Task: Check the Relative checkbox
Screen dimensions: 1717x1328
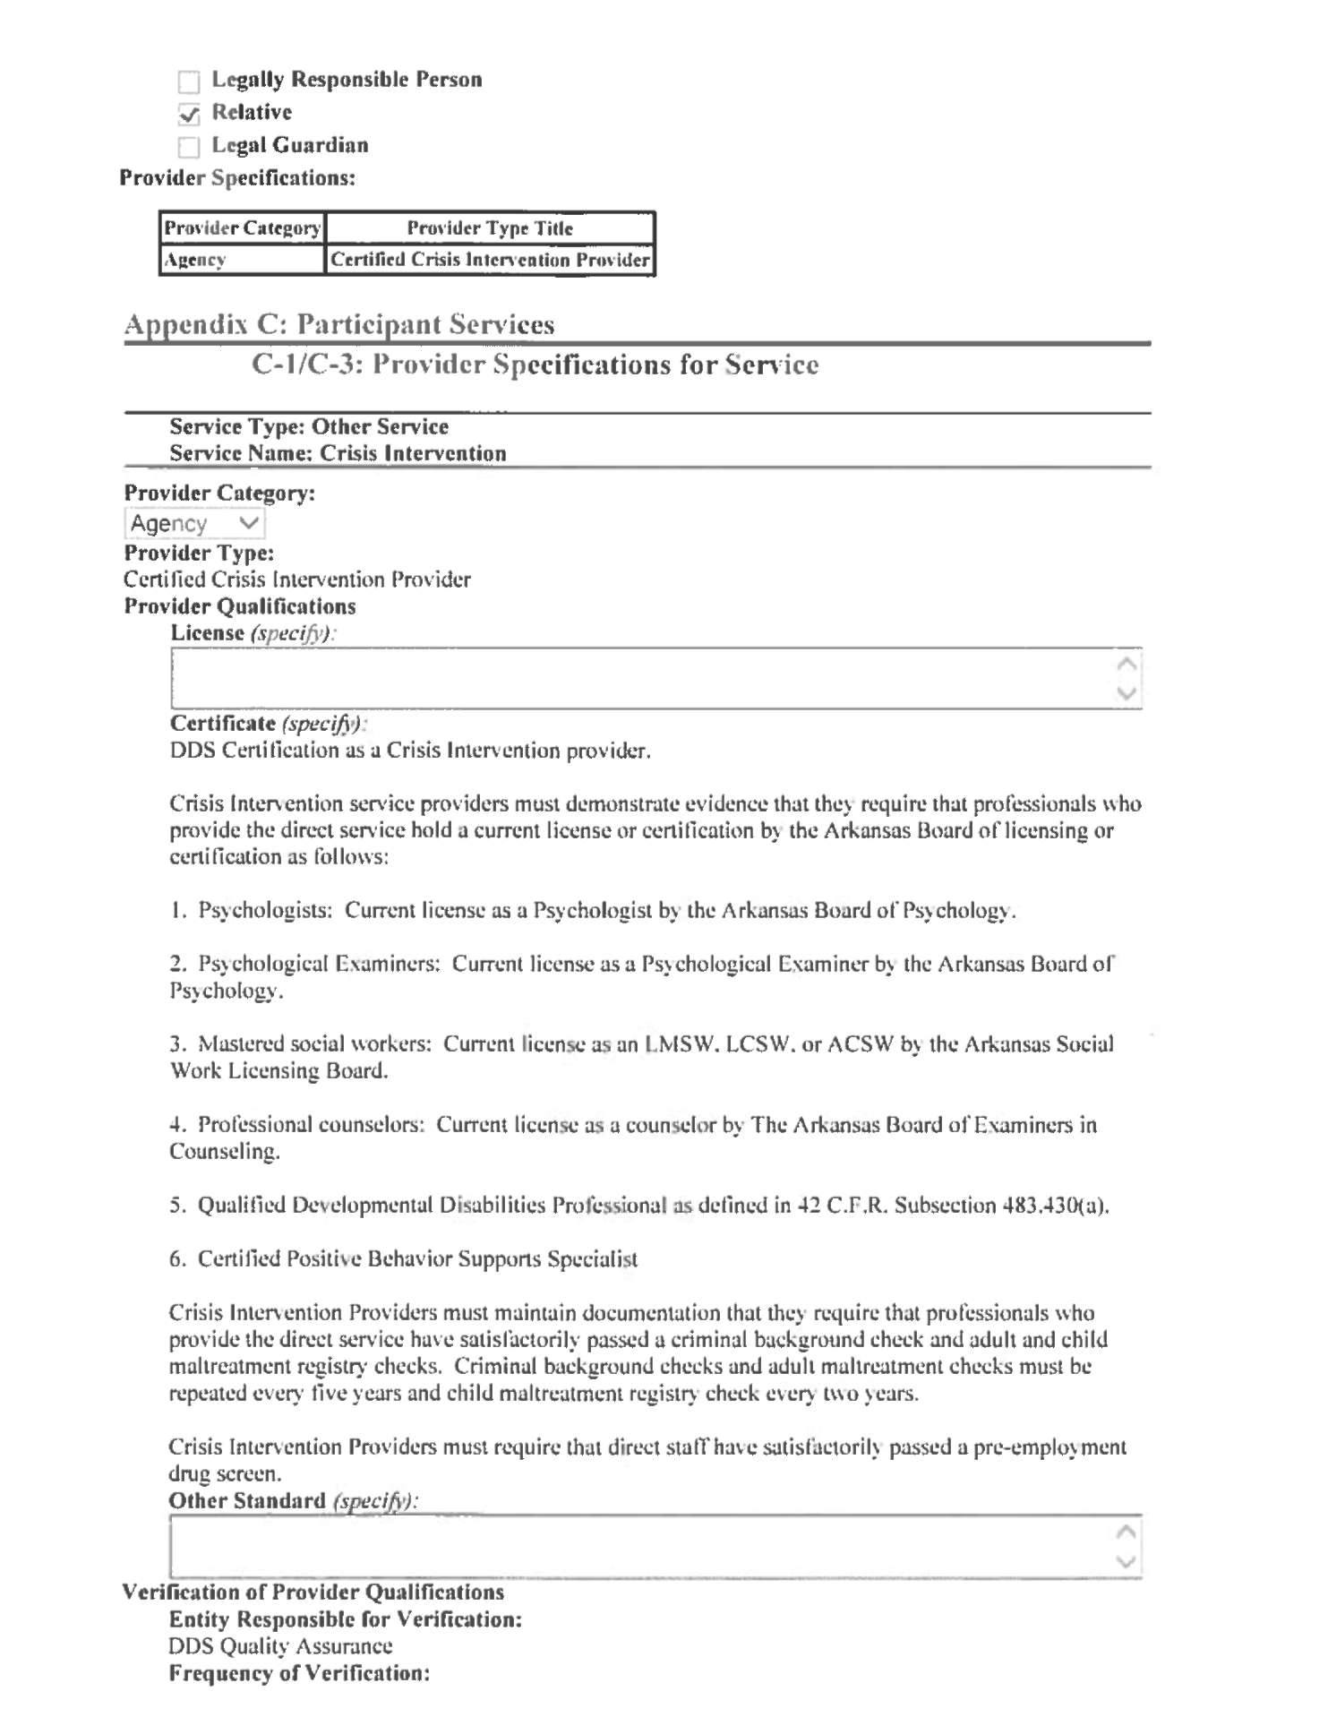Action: point(189,115)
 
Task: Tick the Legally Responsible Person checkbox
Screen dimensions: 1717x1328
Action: point(189,82)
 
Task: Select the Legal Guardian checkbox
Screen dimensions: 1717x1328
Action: point(189,147)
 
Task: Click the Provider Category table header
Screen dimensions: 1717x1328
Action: point(242,228)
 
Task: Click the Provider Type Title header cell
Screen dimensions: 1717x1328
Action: point(490,228)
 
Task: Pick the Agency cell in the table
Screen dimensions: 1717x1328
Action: point(242,260)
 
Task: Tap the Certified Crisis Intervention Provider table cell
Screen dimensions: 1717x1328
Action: point(490,260)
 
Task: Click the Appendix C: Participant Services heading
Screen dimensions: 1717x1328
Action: point(339,324)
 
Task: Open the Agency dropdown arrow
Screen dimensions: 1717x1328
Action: point(249,523)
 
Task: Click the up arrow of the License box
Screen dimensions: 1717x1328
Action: point(1127,664)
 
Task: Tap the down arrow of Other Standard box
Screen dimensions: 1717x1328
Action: point(1127,1562)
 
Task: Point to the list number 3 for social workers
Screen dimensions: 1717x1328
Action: point(177,1044)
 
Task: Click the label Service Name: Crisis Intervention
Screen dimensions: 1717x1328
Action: point(338,454)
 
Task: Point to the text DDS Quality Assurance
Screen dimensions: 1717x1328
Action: point(280,1646)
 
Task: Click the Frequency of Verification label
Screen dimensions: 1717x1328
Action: point(299,1673)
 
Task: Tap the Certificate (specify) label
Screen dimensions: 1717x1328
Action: point(267,724)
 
